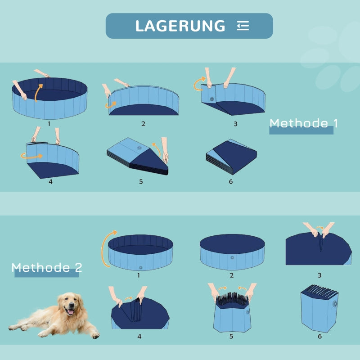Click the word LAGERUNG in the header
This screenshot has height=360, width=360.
pos(180,26)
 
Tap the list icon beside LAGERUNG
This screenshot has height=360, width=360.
pos(243,26)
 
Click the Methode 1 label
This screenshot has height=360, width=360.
pos(303,123)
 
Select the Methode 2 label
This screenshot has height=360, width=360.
pos(47,268)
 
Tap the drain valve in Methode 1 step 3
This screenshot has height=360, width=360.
pos(212,99)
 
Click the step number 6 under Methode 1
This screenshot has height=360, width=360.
pos(231,181)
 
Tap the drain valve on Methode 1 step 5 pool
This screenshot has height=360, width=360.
pos(139,148)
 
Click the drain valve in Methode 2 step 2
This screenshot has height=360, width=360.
pos(232,258)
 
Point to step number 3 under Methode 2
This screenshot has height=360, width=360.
pos(319,275)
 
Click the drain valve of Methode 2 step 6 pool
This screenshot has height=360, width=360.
pos(334,304)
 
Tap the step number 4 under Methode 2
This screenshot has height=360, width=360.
pos(139,336)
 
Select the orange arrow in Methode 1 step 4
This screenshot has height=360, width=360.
pos(31,156)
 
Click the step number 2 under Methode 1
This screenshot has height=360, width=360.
pos(143,124)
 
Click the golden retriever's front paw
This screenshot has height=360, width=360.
pos(94,335)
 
